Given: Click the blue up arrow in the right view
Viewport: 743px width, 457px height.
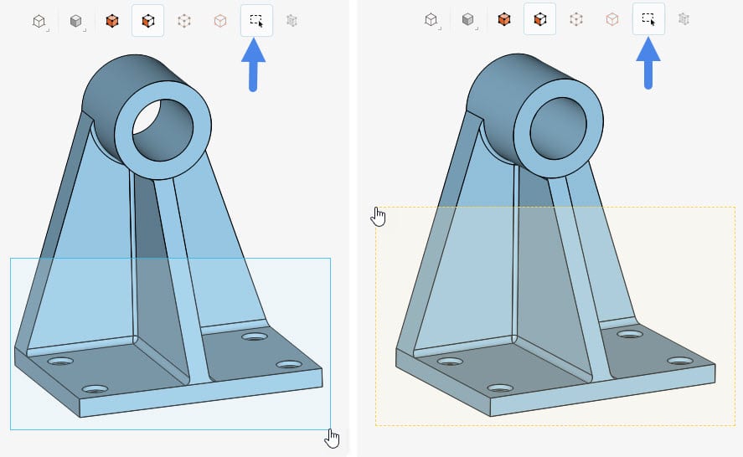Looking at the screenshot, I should [x=648, y=63].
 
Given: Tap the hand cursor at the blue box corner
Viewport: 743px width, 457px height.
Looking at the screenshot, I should [x=333, y=438].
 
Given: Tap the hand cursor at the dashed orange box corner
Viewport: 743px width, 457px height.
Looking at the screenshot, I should [x=379, y=217].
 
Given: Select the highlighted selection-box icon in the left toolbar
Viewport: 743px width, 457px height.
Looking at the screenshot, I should [x=256, y=20].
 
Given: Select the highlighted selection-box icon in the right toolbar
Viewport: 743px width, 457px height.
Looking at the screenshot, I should [x=648, y=18].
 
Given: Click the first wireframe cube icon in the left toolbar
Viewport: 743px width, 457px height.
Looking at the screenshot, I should [x=39, y=21].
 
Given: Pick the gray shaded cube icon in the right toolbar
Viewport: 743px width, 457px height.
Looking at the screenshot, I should [x=468, y=18].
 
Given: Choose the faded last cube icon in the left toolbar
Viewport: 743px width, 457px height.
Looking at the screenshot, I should [x=292, y=20].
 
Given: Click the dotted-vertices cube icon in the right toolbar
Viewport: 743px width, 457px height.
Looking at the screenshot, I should [x=576, y=18].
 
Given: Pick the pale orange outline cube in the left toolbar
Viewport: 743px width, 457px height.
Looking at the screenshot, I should [x=220, y=20].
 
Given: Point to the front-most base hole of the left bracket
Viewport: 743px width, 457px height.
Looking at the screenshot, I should [x=95, y=389].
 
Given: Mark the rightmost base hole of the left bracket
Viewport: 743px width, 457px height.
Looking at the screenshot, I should [x=289, y=365].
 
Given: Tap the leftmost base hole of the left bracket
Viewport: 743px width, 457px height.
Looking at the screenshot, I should [x=60, y=361].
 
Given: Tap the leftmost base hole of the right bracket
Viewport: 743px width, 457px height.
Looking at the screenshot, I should [x=451, y=362].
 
